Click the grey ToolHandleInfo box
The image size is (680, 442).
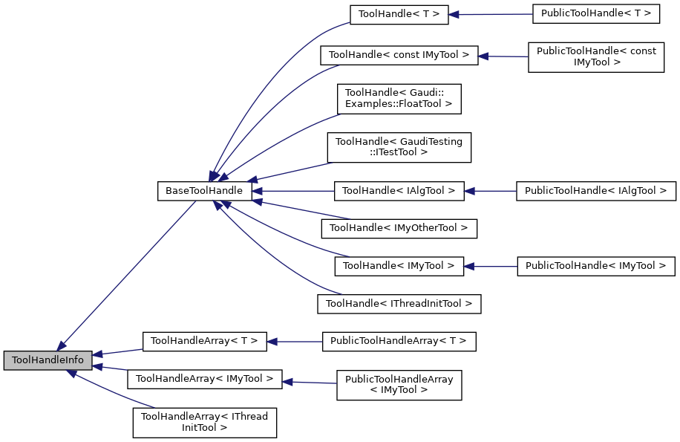(x=48, y=361)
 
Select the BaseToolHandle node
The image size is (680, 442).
(x=204, y=191)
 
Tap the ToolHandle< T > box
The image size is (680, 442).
(x=399, y=14)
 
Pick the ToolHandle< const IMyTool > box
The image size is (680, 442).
(x=399, y=55)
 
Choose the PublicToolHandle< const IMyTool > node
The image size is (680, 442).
(x=595, y=57)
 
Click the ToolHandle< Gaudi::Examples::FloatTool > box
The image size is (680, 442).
(x=399, y=98)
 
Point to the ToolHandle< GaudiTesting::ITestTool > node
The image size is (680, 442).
(x=399, y=146)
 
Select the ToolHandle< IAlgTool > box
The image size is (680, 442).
(x=399, y=191)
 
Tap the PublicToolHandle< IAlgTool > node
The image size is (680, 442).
(x=596, y=191)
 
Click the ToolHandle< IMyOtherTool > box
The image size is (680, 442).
(x=399, y=228)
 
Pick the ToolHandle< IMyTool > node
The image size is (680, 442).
(x=399, y=266)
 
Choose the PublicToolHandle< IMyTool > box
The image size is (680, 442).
(x=595, y=266)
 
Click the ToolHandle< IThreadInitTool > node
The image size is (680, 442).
(x=399, y=303)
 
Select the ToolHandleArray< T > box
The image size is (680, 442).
(x=204, y=341)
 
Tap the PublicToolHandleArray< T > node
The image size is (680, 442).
(x=399, y=341)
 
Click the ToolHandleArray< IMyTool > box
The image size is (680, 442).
(x=204, y=379)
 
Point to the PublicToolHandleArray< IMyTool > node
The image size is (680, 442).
(x=399, y=385)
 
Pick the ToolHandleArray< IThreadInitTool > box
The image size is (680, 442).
(x=204, y=422)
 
